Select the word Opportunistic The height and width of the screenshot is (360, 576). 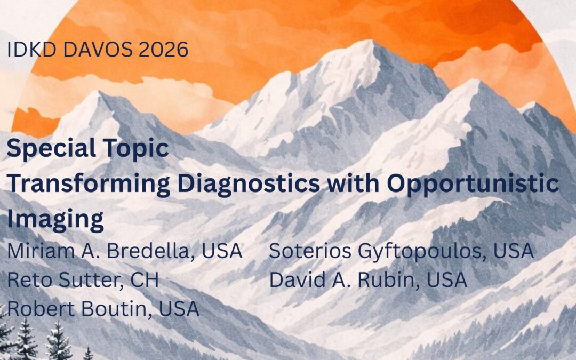(x=474, y=184)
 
